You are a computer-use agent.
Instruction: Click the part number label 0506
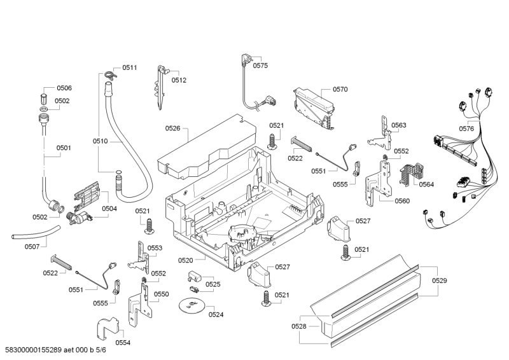[64, 88]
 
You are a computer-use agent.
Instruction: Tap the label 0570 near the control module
[340, 90]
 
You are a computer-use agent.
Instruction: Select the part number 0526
[173, 128]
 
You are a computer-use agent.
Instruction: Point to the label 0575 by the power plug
[260, 66]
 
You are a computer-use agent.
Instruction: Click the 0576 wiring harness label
[466, 129]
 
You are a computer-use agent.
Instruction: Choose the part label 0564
[426, 184]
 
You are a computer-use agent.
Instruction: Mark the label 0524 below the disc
[216, 314]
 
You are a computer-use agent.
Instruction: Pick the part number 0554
[123, 343]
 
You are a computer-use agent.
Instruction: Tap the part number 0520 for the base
[186, 260]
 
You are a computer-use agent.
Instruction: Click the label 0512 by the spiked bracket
[179, 80]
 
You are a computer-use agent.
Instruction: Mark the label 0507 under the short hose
[32, 247]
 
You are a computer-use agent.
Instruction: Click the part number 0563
[399, 125]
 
